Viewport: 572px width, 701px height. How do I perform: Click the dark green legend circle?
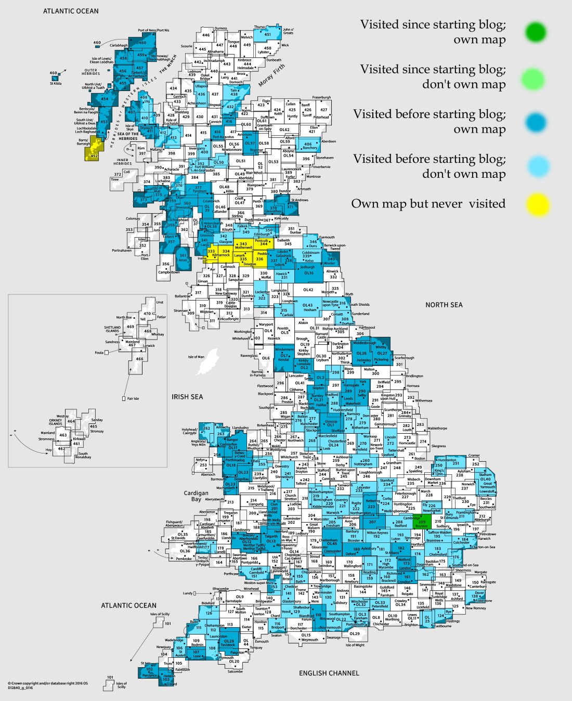tap(535, 32)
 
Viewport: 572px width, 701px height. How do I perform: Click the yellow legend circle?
tap(537, 204)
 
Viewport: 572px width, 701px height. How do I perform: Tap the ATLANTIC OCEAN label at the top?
tap(71, 11)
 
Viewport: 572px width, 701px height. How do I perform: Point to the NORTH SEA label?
tap(444, 305)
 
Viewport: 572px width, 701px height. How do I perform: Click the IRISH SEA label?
tap(187, 397)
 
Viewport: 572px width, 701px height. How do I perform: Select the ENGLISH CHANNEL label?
tap(329, 673)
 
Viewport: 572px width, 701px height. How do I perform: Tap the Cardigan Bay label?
tap(196, 496)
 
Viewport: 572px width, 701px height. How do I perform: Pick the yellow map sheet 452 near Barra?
tap(94, 154)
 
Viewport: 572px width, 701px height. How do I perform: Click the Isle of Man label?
tap(196, 357)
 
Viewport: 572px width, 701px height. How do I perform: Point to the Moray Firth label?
tap(271, 76)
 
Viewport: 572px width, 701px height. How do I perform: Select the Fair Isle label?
tap(133, 399)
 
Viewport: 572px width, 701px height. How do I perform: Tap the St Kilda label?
tap(56, 83)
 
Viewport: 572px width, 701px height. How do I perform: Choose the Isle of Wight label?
tap(355, 645)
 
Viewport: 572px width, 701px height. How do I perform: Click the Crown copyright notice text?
tap(48, 685)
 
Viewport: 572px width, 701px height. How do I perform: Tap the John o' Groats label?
tap(288, 31)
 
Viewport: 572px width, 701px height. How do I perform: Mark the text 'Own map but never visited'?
tap(428, 204)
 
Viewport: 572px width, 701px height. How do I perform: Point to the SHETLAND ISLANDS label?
tap(112, 329)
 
